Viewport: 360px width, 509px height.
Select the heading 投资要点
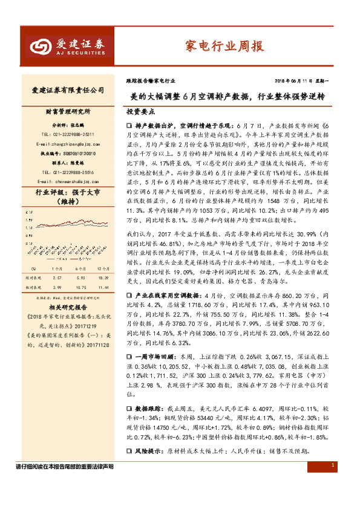pyautogui.click(x=140, y=112)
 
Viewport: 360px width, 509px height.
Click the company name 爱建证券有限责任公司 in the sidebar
pyautogui.click(x=68, y=90)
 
